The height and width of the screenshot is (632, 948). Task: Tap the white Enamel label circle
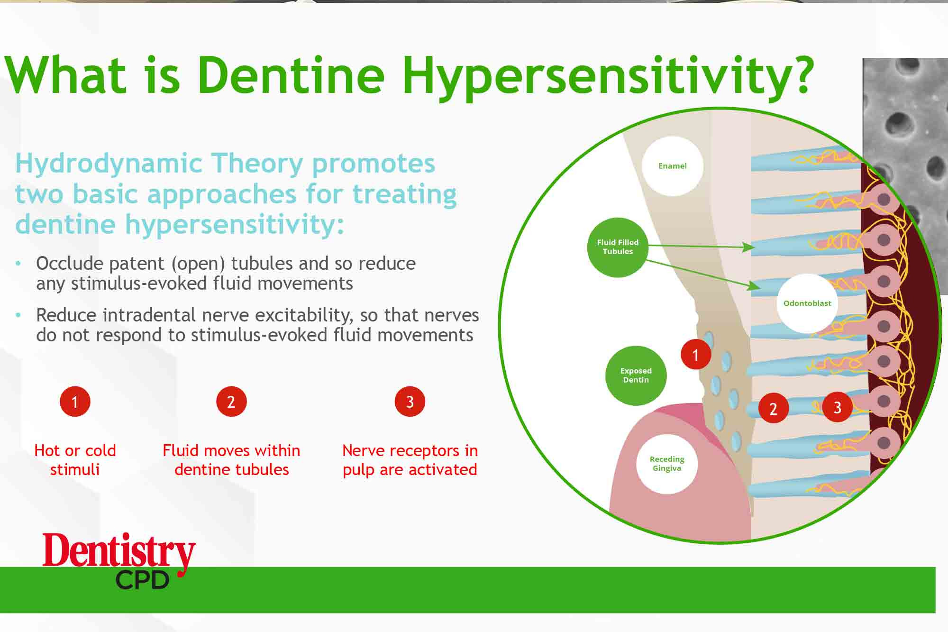pyautogui.click(x=672, y=166)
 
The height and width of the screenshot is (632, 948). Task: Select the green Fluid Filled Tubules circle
pyautogui.click(x=617, y=247)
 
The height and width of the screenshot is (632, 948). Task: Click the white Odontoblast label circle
pyautogui.click(x=807, y=303)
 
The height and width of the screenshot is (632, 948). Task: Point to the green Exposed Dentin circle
pyautogui.click(x=636, y=376)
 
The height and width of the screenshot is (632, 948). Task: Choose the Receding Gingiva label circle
pyautogui.click(x=666, y=464)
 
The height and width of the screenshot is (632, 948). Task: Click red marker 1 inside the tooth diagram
pyautogui.click(x=695, y=355)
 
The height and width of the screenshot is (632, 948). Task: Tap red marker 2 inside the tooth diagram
pyautogui.click(x=773, y=408)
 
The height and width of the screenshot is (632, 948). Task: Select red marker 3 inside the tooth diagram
pyautogui.click(x=837, y=407)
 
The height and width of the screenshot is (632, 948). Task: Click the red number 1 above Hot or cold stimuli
pyautogui.click(x=75, y=402)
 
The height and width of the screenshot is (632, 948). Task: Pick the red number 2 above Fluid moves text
pyautogui.click(x=231, y=402)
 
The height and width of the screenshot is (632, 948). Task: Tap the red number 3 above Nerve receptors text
pyautogui.click(x=410, y=402)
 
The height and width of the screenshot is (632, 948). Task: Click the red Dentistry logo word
pyautogui.click(x=118, y=551)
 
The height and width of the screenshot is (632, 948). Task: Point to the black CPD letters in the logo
pyautogui.click(x=142, y=580)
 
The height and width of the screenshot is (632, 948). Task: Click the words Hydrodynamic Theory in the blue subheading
pyautogui.click(x=159, y=164)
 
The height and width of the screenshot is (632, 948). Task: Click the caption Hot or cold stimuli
pyautogui.click(x=75, y=459)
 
